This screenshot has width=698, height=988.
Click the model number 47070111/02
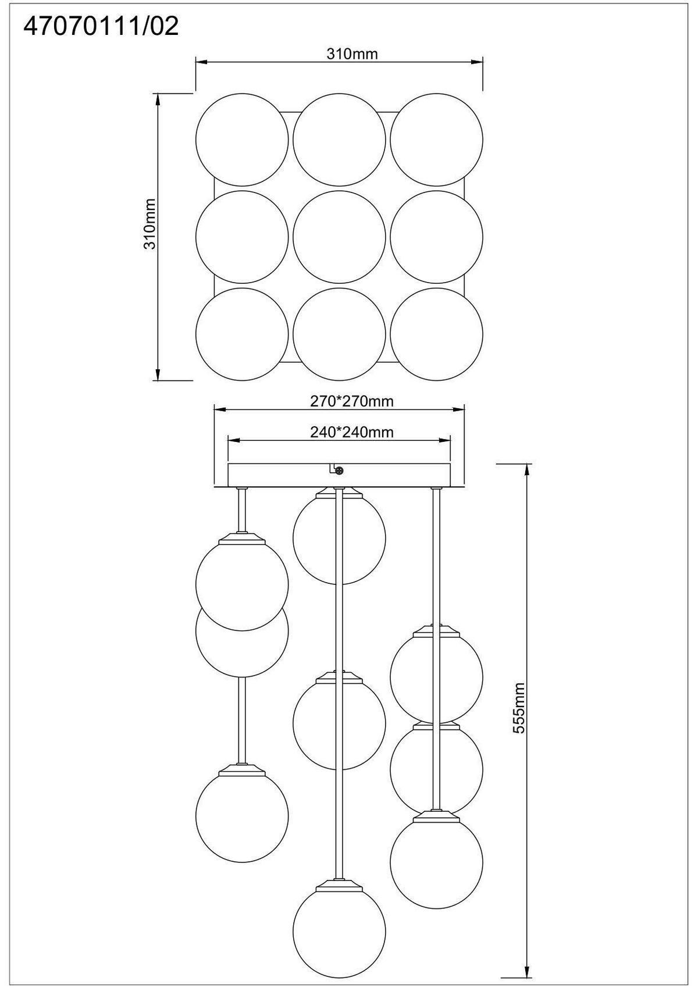click(x=101, y=27)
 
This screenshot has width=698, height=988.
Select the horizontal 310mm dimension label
click(x=352, y=54)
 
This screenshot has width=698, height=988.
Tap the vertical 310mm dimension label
click(x=151, y=224)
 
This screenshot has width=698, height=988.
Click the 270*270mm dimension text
click(x=352, y=401)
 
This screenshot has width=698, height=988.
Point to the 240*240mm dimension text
click(x=352, y=432)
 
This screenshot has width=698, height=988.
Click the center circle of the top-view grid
click(x=339, y=237)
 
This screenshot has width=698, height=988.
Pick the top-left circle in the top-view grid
click(x=242, y=140)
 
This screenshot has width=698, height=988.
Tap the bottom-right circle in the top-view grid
click(x=436, y=334)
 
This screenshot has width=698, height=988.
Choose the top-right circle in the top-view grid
click(x=436, y=140)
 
